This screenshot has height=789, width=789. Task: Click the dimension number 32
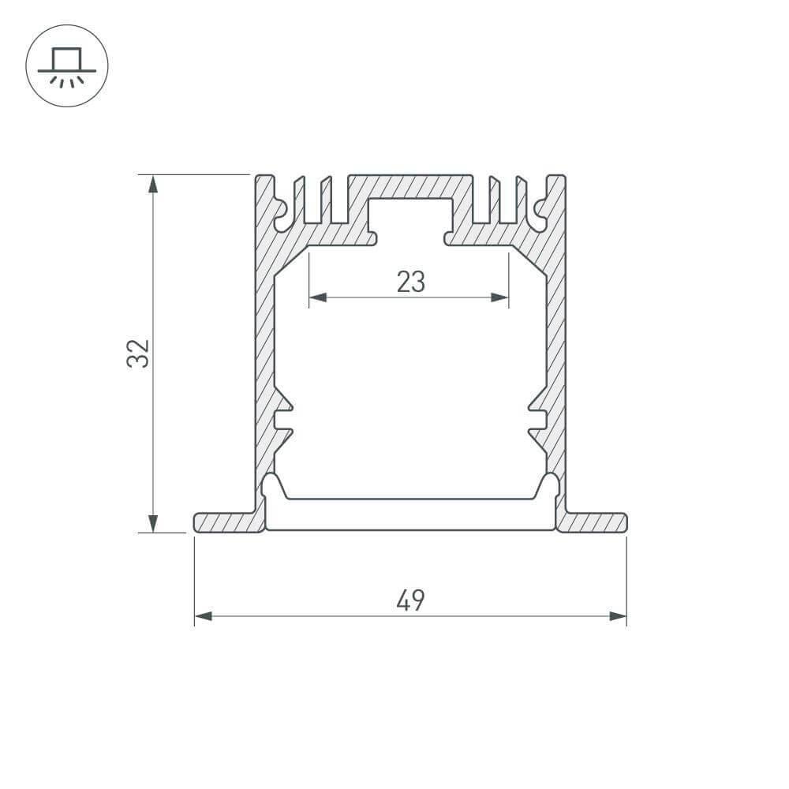(x=139, y=353)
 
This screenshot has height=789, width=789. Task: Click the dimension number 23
(x=410, y=282)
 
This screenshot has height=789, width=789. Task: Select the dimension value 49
(x=410, y=600)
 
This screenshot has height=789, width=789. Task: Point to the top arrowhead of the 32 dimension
(x=153, y=183)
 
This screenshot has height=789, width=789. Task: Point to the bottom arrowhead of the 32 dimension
(x=153, y=523)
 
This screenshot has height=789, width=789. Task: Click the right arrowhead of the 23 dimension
(x=500, y=297)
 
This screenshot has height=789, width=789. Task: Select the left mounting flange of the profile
(x=225, y=522)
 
